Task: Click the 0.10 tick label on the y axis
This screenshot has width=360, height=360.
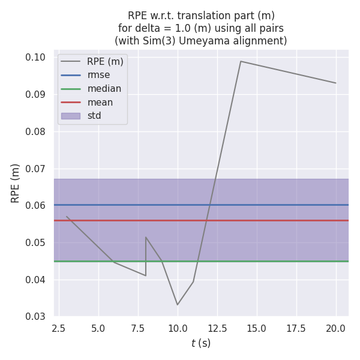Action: [x=37, y=58]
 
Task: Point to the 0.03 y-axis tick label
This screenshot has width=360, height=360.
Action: [x=37, y=317]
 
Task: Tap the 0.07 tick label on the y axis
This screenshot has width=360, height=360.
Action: [x=37, y=169]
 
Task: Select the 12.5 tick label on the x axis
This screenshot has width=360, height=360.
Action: [x=217, y=328]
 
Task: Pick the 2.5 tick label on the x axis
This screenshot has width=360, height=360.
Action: [x=59, y=328]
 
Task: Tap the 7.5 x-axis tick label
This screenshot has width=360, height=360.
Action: [x=138, y=328]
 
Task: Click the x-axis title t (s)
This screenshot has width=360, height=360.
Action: [x=201, y=343]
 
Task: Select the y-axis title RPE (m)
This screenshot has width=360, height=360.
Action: [x=16, y=182]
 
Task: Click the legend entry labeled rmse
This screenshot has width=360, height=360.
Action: [x=98, y=75]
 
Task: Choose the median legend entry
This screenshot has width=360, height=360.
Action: [x=104, y=89]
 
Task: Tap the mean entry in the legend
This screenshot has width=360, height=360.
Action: [x=100, y=102]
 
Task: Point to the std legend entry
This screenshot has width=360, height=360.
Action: [x=94, y=116]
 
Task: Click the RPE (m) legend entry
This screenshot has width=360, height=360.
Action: [x=105, y=62]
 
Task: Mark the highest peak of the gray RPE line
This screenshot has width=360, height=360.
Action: [x=241, y=61]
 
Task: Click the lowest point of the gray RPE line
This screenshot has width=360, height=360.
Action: [x=178, y=305]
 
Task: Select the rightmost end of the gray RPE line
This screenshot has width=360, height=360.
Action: [x=335, y=83]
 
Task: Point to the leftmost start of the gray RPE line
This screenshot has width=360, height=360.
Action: [x=67, y=217]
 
